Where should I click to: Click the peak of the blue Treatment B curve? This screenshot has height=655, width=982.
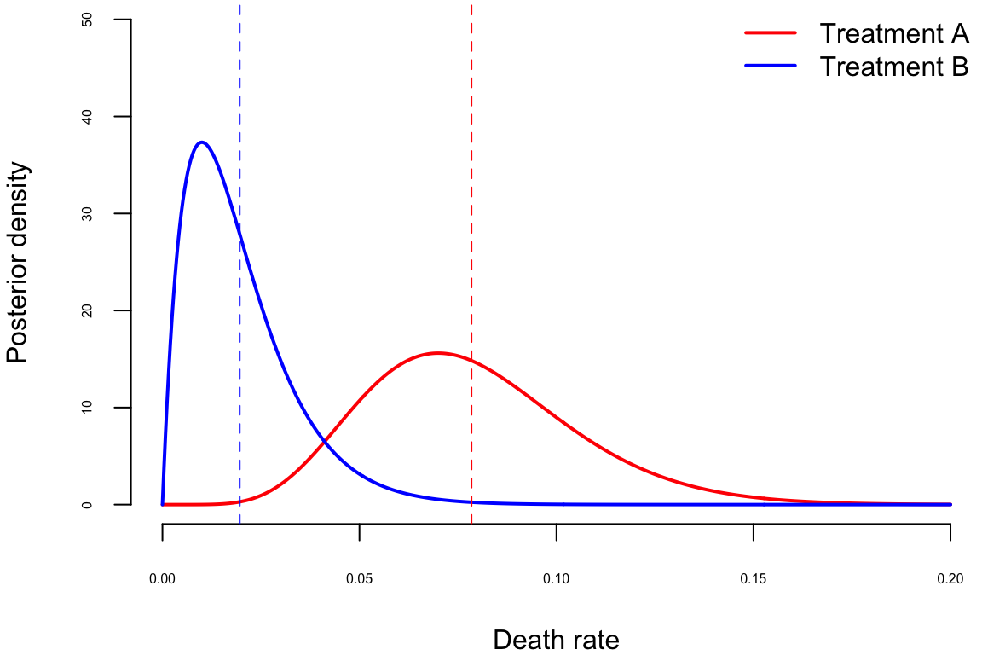[201, 142]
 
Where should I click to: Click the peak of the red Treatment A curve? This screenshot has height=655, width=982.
[437, 352]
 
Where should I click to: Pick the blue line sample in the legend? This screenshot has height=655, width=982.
[771, 66]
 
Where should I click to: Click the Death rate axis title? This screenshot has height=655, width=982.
[556, 640]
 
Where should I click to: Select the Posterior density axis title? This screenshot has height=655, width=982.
[18, 263]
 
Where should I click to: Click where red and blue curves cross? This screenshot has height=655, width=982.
[325, 442]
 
